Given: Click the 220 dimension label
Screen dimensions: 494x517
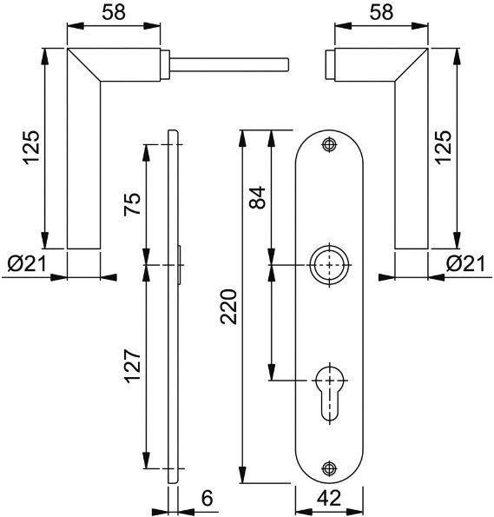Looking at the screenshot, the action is (229, 307).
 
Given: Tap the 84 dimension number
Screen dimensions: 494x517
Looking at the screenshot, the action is (257, 197).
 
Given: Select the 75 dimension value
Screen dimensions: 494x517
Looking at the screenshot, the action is (132, 204).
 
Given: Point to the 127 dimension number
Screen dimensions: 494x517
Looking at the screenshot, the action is (132, 366).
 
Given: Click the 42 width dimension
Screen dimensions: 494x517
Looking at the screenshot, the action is (330, 498).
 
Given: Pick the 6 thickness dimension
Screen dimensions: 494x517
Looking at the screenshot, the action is (207, 498).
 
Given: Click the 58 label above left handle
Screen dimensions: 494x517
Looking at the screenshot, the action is (114, 12).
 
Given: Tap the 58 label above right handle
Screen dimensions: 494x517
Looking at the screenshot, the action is (381, 12).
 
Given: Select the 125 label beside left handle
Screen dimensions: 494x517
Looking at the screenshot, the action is (31, 148).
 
